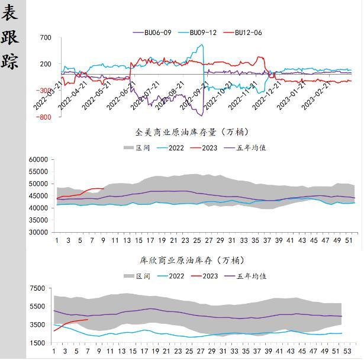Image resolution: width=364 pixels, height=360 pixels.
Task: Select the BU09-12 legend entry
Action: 202,33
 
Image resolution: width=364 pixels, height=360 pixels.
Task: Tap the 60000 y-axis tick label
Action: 38,160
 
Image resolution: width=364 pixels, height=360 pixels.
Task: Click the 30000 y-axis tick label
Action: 38,233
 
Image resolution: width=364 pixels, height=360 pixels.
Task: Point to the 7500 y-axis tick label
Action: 37,288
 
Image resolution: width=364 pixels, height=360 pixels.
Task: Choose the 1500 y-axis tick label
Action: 37,343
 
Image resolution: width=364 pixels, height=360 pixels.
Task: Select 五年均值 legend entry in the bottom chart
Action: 252,276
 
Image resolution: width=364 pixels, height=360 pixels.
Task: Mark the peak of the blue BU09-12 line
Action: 202,44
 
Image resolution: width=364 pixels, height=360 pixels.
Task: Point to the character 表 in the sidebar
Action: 10,12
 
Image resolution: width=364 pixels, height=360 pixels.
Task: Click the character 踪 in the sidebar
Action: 10,62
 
